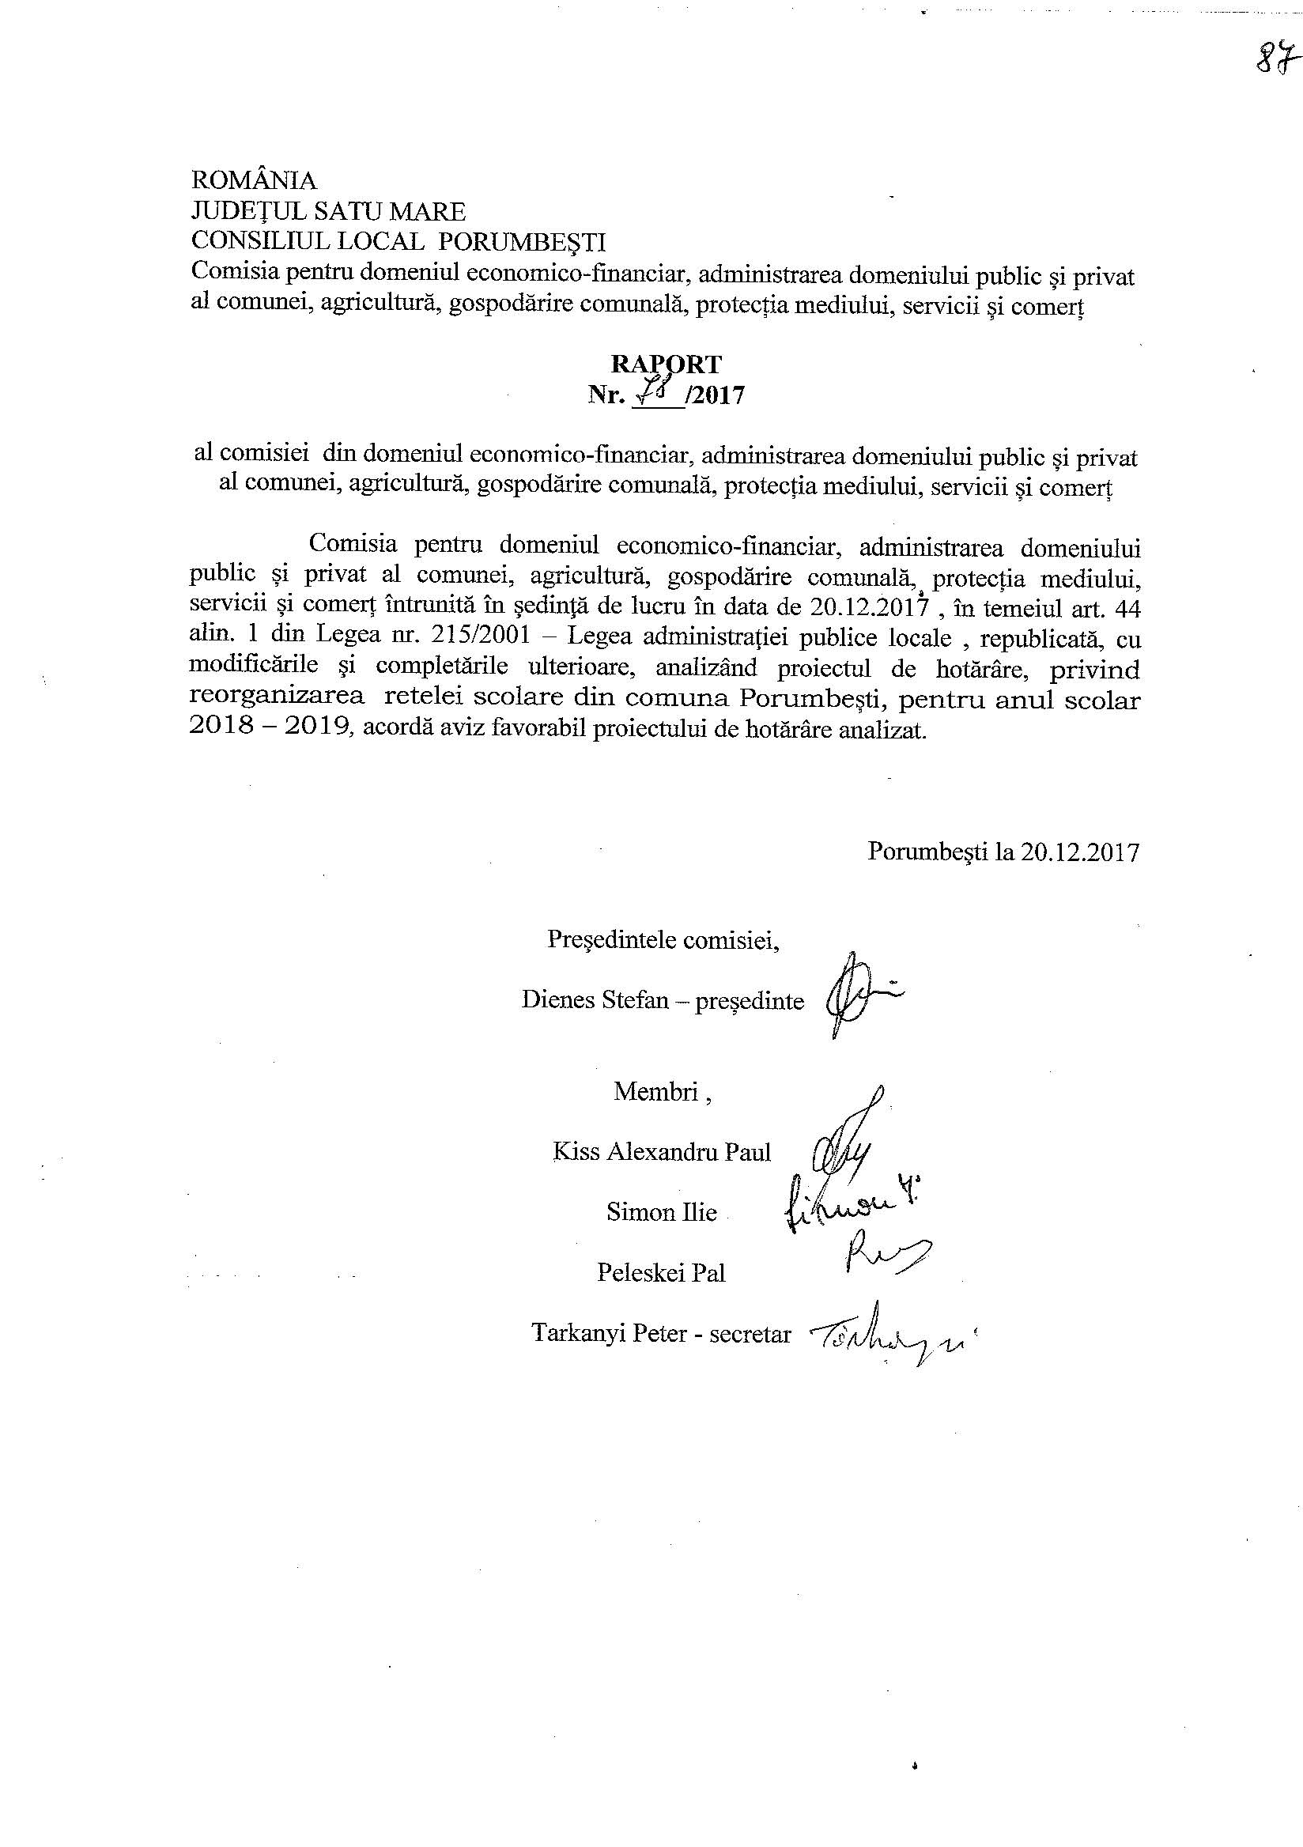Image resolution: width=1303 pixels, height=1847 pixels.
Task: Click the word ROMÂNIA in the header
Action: [253, 180]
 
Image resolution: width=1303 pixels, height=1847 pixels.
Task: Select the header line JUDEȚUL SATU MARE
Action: [328, 212]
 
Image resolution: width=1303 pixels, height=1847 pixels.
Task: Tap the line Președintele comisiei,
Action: [663, 939]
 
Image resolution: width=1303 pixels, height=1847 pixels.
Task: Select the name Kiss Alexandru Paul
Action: [661, 1152]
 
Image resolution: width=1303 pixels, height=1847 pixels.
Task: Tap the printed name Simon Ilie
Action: [661, 1212]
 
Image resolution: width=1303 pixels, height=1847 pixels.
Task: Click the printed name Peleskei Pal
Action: [661, 1273]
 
